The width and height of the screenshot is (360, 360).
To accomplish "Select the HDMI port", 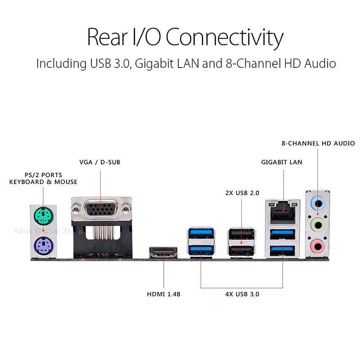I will (164, 253).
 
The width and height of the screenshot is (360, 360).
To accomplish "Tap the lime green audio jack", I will (318, 224).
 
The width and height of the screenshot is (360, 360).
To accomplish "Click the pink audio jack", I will (318, 245).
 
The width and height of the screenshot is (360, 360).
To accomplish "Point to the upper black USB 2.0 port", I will (241, 234).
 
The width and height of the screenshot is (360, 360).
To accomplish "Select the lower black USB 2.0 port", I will (241, 249).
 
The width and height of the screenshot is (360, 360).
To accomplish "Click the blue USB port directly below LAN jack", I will (283, 234).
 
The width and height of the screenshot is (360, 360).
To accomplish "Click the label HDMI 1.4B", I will (164, 294).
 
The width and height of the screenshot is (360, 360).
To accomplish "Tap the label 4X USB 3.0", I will (242, 294).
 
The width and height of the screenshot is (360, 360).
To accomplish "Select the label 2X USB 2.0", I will (242, 193).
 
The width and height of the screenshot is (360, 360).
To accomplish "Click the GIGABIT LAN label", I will (282, 162).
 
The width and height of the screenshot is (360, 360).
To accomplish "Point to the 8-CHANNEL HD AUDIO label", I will (318, 144).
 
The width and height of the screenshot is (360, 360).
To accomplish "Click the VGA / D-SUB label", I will (100, 162).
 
